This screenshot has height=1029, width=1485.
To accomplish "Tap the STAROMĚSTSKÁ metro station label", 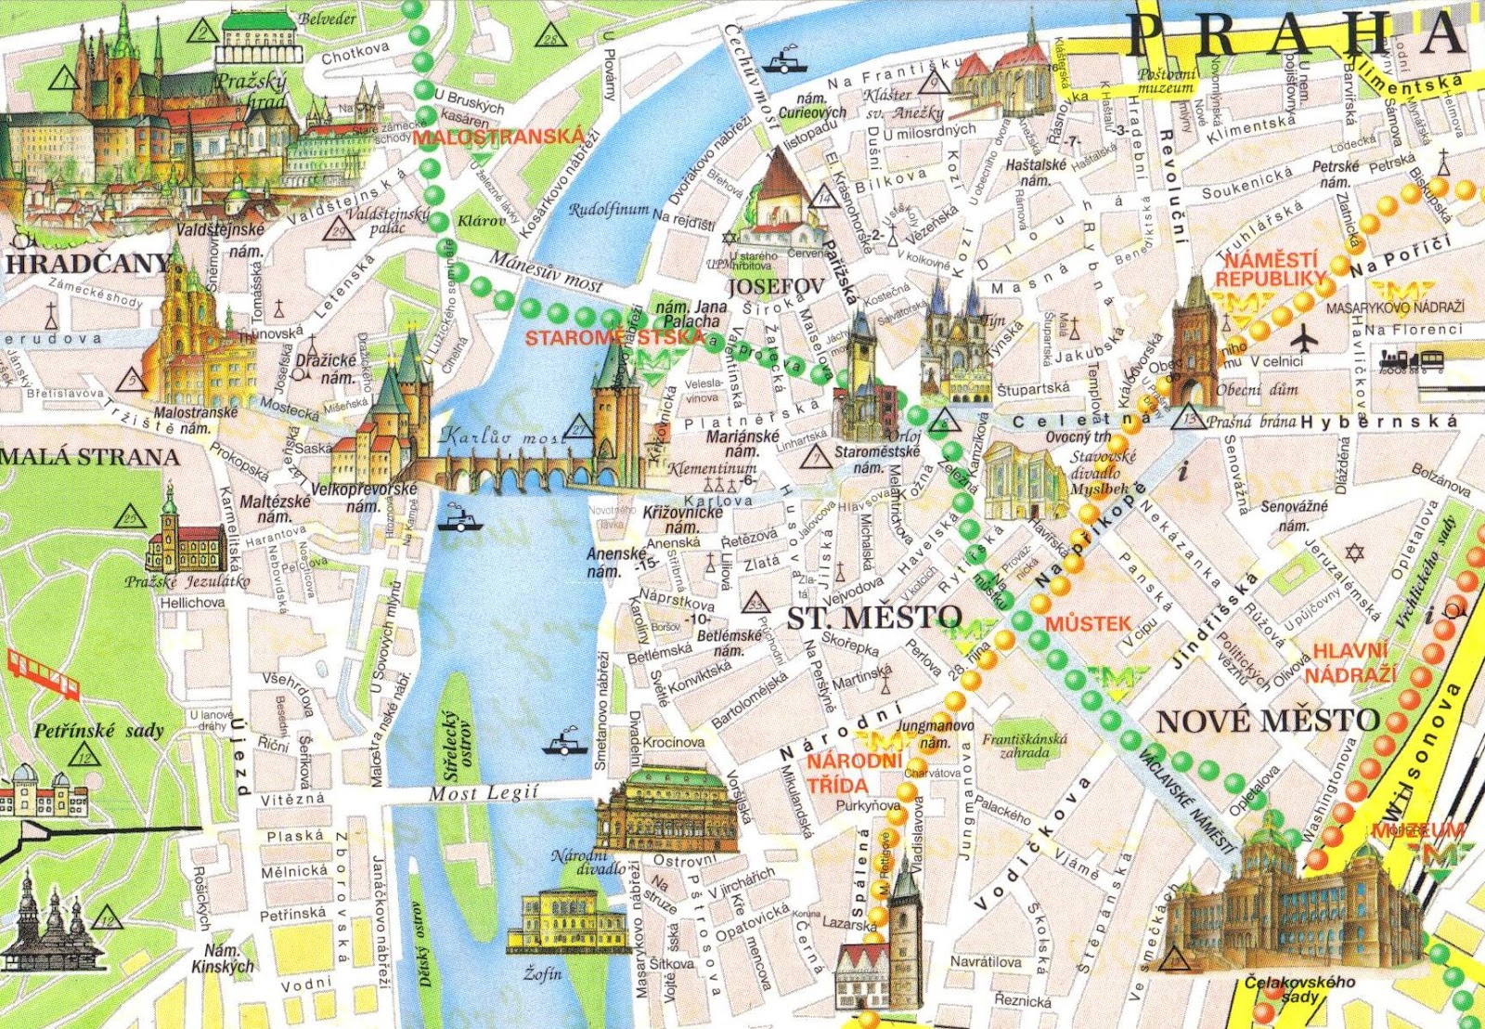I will click(613, 337).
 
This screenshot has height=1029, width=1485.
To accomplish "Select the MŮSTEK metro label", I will click(1088, 623).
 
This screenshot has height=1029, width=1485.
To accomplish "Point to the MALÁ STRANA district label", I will click(89, 457).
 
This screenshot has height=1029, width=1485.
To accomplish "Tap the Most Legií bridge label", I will click(483, 793).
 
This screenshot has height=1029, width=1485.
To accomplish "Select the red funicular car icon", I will click(43, 672).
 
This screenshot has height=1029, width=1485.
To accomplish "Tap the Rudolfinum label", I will click(609, 210).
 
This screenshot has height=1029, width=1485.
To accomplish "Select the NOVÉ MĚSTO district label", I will click(1269, 720).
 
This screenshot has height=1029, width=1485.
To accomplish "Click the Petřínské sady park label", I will click(98, 731).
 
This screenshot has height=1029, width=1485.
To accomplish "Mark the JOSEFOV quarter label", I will click(776, 286).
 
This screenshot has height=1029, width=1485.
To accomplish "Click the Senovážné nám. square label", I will click(1294, 515).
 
